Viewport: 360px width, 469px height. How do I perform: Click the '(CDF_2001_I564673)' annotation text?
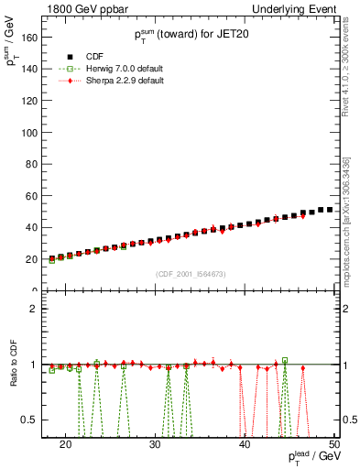tap(190, 273)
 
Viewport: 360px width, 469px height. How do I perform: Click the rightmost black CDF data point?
tap(330, 210)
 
